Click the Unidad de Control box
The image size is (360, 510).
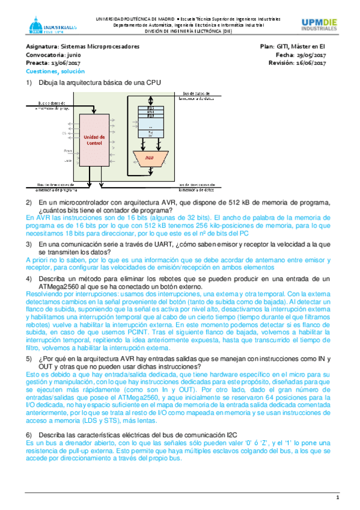pyautogui.click(x=94, y=141)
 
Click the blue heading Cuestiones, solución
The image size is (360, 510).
pyautogui.click(x=55, y=71)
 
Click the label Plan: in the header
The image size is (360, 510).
pyautogui.click(x=267, y=46)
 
